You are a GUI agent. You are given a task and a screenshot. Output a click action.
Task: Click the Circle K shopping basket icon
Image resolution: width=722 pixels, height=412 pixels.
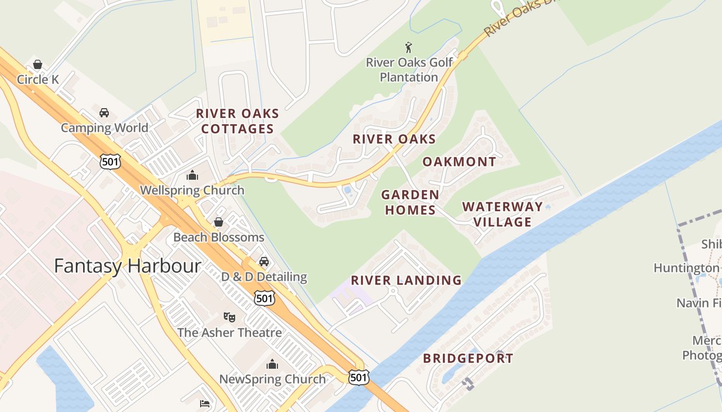[37, 65]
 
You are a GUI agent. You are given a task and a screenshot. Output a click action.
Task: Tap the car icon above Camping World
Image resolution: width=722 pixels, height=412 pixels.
[104, 113]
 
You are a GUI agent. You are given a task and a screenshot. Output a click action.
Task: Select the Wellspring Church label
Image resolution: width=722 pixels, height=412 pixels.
[192, 190]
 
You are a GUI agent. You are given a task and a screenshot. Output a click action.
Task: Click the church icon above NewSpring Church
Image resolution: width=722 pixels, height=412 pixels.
[272, 365]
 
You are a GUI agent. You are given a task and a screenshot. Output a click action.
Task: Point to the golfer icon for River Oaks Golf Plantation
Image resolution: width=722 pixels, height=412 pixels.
[409, 47]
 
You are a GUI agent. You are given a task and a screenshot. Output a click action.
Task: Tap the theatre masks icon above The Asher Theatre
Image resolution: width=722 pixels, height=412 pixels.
[229, 317]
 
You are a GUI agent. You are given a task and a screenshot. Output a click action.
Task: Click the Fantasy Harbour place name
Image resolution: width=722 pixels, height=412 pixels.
[127, 266]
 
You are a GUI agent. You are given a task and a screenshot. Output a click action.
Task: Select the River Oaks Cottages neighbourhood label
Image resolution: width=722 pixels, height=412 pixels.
[238, 121]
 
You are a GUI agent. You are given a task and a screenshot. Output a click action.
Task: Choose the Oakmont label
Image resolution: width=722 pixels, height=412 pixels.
[459, 162]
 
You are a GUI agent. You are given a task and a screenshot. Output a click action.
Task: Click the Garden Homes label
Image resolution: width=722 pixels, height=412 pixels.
[410, 202]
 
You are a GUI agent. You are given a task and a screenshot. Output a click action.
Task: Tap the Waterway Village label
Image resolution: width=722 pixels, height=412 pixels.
[502, 214]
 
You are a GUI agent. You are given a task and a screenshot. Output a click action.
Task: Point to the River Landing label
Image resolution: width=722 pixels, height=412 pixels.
[406, 280]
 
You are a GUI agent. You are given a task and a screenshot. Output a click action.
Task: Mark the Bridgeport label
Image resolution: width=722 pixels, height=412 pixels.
[468, 358]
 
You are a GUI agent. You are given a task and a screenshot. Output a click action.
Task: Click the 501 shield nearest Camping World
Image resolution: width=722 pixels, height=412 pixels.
[110, 161]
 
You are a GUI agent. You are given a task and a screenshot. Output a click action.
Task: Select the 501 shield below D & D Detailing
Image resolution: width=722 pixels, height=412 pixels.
[264, 298]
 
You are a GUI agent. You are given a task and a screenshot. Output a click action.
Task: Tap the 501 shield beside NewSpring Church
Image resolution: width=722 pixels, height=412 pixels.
[358, 377]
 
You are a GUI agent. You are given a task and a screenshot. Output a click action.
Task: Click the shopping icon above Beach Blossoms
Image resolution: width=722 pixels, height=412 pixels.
[219, 222]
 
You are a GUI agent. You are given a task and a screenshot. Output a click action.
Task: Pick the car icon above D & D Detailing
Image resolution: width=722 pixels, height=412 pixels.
[264, 262]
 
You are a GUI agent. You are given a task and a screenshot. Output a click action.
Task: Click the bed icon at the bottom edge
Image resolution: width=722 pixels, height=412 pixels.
[205, 403]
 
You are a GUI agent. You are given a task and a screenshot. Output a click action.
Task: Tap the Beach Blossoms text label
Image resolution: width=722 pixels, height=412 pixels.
[219, 237]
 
